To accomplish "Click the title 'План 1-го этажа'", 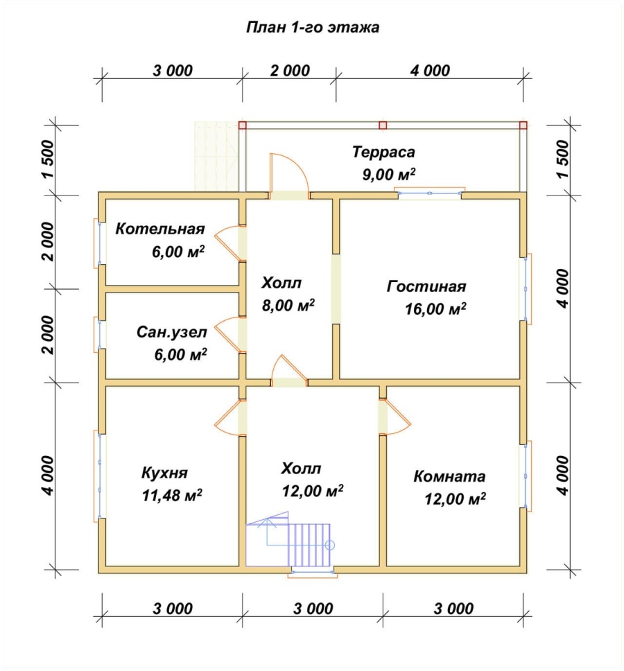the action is [313, 28].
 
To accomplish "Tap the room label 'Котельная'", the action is [160, 229].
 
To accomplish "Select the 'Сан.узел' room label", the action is [172, 333].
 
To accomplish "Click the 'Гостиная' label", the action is [426, 286].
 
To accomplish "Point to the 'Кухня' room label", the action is [165, 473].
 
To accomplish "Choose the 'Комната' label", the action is [449, 477].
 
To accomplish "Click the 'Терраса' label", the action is [383, 152].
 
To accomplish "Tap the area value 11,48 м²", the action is [172, 496].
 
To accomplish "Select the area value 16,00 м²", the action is [435, 308].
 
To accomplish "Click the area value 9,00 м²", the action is [388, 174].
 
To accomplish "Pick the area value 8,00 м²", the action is [288, 305].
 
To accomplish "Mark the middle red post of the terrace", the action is [383, 125].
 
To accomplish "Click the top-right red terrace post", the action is [523, 125].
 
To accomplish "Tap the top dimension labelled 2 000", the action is [290, 71].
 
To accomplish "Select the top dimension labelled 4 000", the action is [430, 71].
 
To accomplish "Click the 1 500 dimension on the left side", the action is [49, 159].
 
